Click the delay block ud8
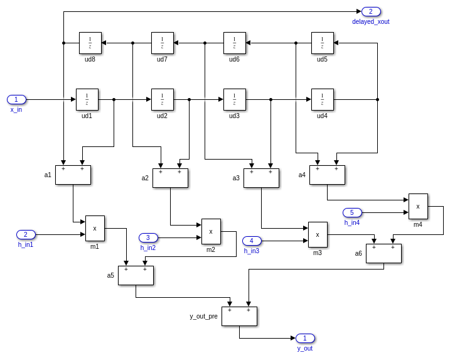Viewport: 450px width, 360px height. tap(90, 43)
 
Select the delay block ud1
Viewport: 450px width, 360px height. tap(87, 99)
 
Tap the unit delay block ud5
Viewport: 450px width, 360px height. tap(323, 43)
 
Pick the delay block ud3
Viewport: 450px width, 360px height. tap(235, 99)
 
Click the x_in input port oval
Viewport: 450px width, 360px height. tap(16, 99)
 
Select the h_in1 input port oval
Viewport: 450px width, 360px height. tap(26, 234)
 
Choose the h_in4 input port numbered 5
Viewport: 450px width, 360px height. tap(352, 212)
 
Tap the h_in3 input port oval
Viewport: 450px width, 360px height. tap(252, 241)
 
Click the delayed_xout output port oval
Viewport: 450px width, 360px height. tap(371, 11)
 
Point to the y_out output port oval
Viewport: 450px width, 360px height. tap(305, 338)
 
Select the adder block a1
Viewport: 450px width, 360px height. tap(73, 175)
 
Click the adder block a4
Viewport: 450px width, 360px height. tap(327, 175)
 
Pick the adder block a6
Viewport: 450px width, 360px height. tap(383, 253)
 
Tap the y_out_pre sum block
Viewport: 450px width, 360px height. tap(239, 316)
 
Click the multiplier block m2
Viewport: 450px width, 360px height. tap(211, 231)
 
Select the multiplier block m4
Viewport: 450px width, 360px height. tap(418, 206)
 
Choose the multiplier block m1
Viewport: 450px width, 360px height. tap(95, 228)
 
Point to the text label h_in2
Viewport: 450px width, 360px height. tap(148, 248)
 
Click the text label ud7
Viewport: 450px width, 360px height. tap(162, 59)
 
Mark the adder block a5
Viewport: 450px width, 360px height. tap(136, 275)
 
